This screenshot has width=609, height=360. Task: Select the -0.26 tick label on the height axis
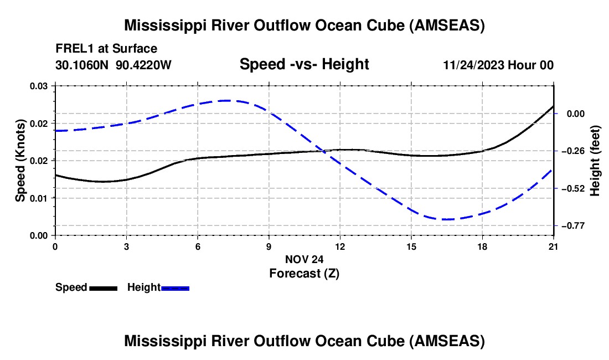point(573,151)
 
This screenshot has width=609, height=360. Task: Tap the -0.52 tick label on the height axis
point(573,189)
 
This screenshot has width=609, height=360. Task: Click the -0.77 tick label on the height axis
point(573,226)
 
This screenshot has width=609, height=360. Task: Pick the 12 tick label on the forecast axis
point(340,247)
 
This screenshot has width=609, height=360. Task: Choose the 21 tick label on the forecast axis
point(554,247)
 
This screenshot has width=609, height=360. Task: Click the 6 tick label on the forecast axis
point(198,247)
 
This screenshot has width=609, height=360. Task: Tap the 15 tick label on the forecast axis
point(411,247)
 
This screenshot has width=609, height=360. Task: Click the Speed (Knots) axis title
point(20,161)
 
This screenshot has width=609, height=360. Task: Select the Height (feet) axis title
point(595,161)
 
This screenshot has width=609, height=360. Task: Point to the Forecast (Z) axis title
point(304,274)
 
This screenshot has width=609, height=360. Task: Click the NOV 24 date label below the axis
point(304,259)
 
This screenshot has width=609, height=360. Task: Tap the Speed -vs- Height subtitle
point(304,64)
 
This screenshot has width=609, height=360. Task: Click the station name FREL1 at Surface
point(106,49)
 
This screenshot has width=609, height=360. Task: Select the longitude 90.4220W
point(144,65)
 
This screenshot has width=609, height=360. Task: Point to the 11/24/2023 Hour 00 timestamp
point(498,65)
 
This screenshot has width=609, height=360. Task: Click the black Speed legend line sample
point(104,288)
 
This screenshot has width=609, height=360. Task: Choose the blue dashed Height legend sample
point(175,288)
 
